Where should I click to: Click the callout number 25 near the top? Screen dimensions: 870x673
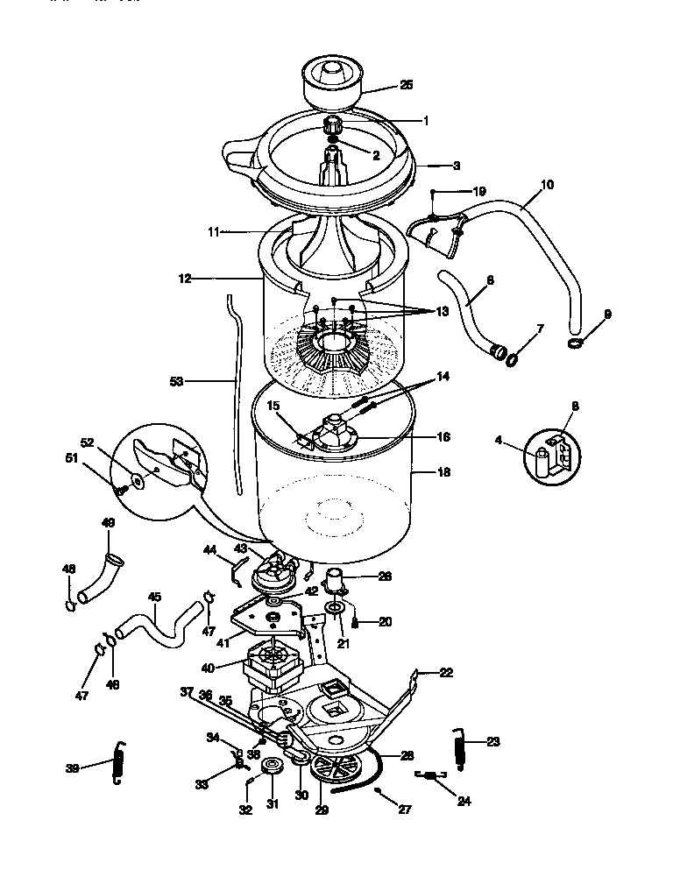[x=405, y=85]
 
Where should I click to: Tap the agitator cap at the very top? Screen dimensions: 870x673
[x=335, y=80]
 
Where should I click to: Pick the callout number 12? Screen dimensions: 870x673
[x=184, y=279]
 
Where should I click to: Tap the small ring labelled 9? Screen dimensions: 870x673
[x=576, y=343]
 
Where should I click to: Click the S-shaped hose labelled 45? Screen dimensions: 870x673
[x=154, y=632]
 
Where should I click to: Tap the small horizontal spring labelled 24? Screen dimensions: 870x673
[x=430, y=775]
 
